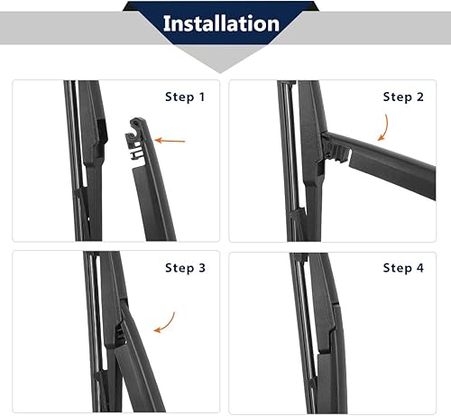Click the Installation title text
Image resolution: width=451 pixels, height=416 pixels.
pos(221,23)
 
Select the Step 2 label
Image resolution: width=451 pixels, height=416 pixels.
pos(404,97)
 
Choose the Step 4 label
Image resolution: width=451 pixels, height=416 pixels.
pos(404,268)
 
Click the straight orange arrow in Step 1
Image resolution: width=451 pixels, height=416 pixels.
pos(170,140)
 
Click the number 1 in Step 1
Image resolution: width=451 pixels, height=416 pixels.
pos(203,97)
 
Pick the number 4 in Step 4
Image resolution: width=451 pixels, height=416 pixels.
pos(419,268)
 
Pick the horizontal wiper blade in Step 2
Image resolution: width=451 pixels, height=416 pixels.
pos(397,163)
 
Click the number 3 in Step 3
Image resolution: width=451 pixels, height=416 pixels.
pos(203,268)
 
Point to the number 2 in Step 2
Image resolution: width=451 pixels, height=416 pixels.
pos(419,97)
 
